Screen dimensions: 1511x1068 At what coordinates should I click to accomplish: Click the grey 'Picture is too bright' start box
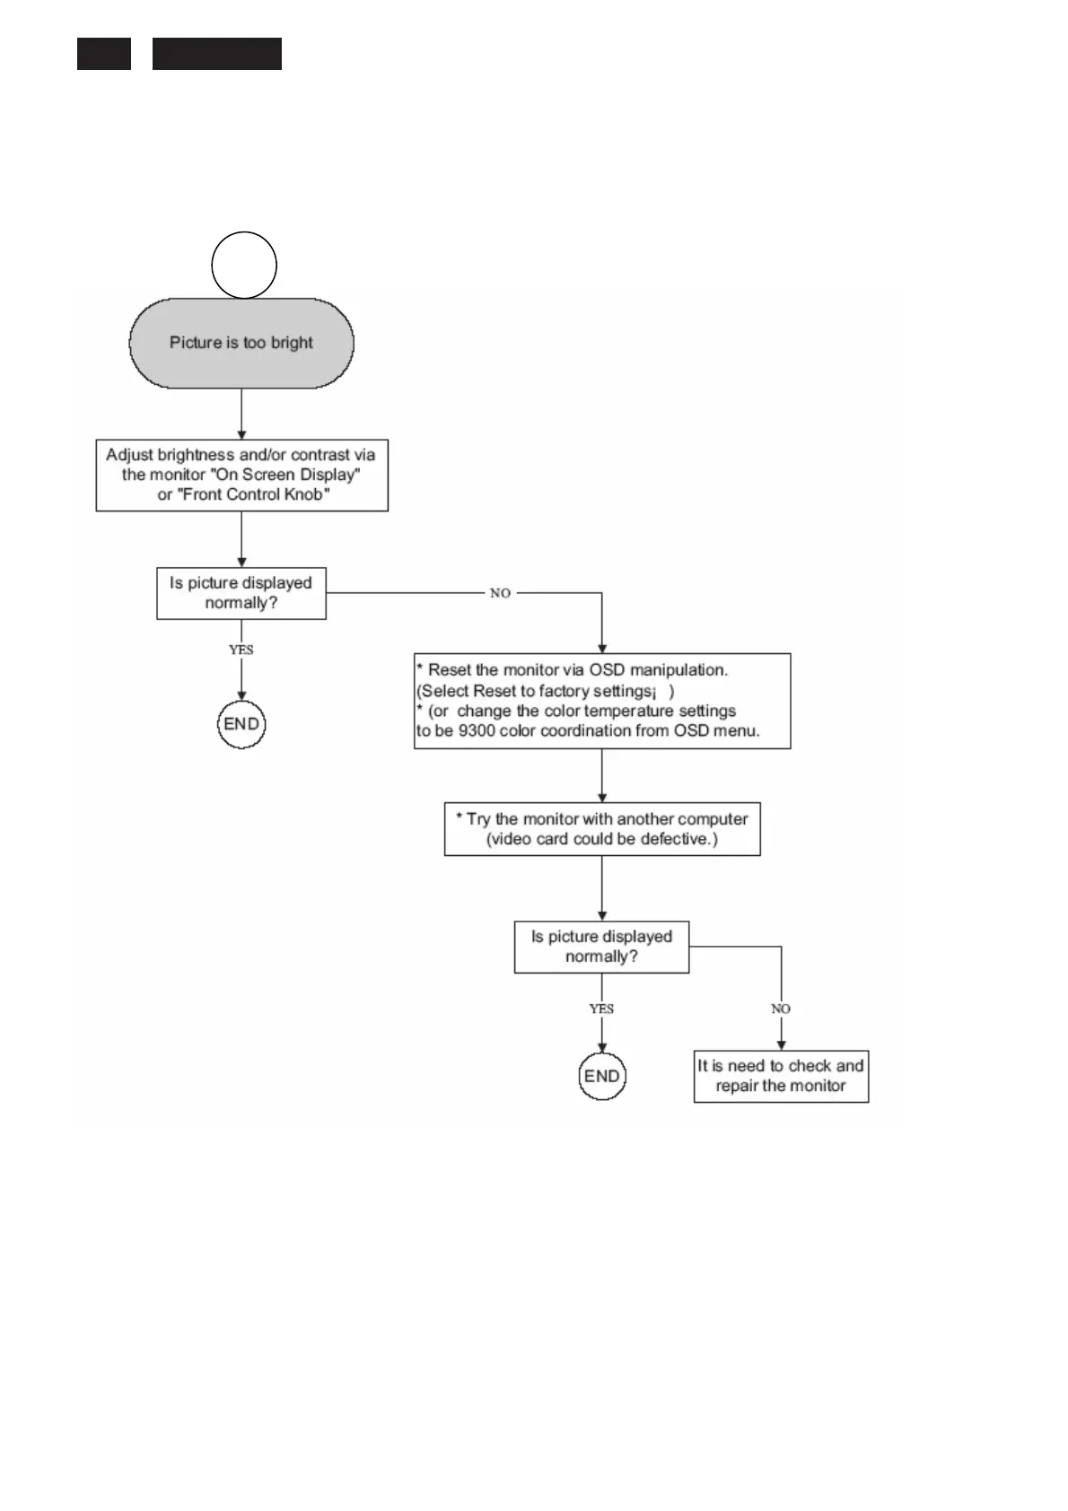pos(241,343)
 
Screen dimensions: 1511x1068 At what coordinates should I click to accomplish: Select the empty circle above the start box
pos(243,265)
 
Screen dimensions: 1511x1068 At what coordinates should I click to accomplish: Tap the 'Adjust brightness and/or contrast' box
pos(241,475)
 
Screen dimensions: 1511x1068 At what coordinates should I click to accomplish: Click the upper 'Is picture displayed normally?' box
pos(241,592)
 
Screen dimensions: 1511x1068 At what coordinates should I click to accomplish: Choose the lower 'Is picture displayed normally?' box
pos(601,947)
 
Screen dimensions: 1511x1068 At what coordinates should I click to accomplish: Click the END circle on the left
pos(241,724)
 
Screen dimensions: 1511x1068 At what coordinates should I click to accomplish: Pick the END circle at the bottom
pos(601,1076)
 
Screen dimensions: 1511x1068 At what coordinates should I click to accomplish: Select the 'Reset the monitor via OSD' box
pos(601,701)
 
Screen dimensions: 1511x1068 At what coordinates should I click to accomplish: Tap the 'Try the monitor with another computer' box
pos(601,829)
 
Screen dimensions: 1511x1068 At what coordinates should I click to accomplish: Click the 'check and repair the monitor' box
pos(781,1076)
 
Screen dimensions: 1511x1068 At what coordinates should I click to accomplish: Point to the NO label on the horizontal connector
pos(500,593)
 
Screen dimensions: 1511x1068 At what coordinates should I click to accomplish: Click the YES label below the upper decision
pos(241,650)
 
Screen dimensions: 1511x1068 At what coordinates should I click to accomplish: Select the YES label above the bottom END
pos(601,1009)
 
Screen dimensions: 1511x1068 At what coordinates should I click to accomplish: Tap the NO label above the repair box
pos(781,1009)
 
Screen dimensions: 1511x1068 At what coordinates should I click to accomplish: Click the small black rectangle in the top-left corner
pos(104,54)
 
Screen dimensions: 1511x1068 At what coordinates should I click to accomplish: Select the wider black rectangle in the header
pos(217,54)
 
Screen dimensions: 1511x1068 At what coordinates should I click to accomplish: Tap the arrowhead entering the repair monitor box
pos(781,1045)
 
